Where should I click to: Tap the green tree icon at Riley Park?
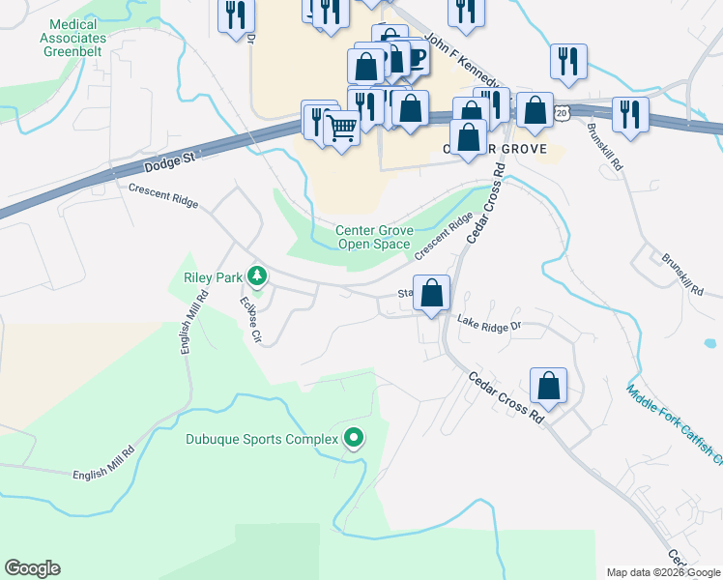coord(256,277)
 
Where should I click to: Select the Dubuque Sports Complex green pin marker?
coord(354,439)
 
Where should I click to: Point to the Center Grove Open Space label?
coord(374,237)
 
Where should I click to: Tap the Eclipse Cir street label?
coord(250,320)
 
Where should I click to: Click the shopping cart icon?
coord(341,126)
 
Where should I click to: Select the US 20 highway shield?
coord(562,114)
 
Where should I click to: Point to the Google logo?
coord(32,568)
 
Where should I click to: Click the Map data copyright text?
coord(663,572)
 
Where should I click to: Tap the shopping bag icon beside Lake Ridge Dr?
coord(432,293)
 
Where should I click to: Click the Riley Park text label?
coord(212,277)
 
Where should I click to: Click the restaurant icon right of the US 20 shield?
coord(629,114)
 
